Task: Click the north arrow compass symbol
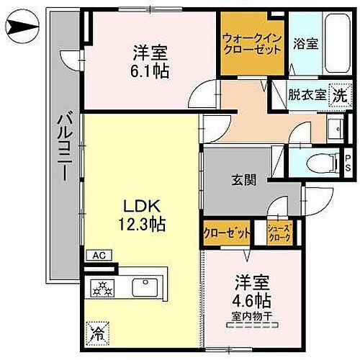(22, 30)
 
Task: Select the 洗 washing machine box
(338, 94)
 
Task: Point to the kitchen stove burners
(102, 289)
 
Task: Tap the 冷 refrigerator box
(96, 333)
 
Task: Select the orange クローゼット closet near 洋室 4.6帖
(227, 233)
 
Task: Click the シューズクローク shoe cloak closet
(279, 231)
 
